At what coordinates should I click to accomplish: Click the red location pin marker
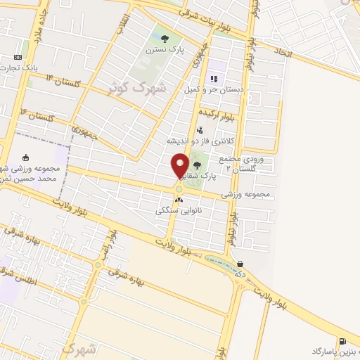pos(180,165)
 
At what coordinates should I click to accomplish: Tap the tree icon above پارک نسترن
pos(165,39)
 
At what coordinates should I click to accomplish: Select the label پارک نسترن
pos(165,51)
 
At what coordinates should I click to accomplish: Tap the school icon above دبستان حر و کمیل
pos(213,78)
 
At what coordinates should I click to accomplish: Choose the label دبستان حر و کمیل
pos(213,90)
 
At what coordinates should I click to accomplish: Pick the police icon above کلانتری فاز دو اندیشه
pos(200,129)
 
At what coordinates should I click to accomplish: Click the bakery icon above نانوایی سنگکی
pos(178,200)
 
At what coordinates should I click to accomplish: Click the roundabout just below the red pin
pos(179,188)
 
